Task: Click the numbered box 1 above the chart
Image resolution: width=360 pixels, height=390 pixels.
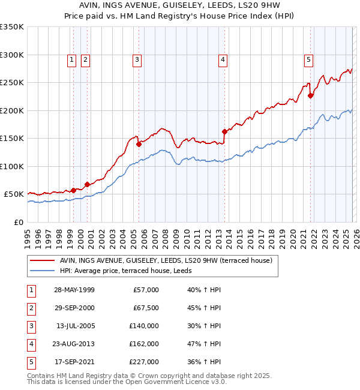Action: (71, 59)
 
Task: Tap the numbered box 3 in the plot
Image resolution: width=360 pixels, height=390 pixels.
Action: (137, 59)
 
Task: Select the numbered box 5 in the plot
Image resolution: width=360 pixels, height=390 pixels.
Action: (309, 59)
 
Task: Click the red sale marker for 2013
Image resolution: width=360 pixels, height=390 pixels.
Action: (224, 131)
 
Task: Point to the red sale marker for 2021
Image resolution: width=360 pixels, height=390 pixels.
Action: (310, 95)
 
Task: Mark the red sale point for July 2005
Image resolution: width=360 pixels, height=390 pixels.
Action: (139, 144)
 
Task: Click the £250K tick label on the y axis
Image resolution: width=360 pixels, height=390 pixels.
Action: (12, 83)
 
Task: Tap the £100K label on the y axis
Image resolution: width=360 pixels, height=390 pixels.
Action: (12, 166)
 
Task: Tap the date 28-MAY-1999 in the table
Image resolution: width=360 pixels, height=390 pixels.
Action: (74, 290)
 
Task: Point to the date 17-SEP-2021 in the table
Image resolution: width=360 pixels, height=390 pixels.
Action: (74, 362)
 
